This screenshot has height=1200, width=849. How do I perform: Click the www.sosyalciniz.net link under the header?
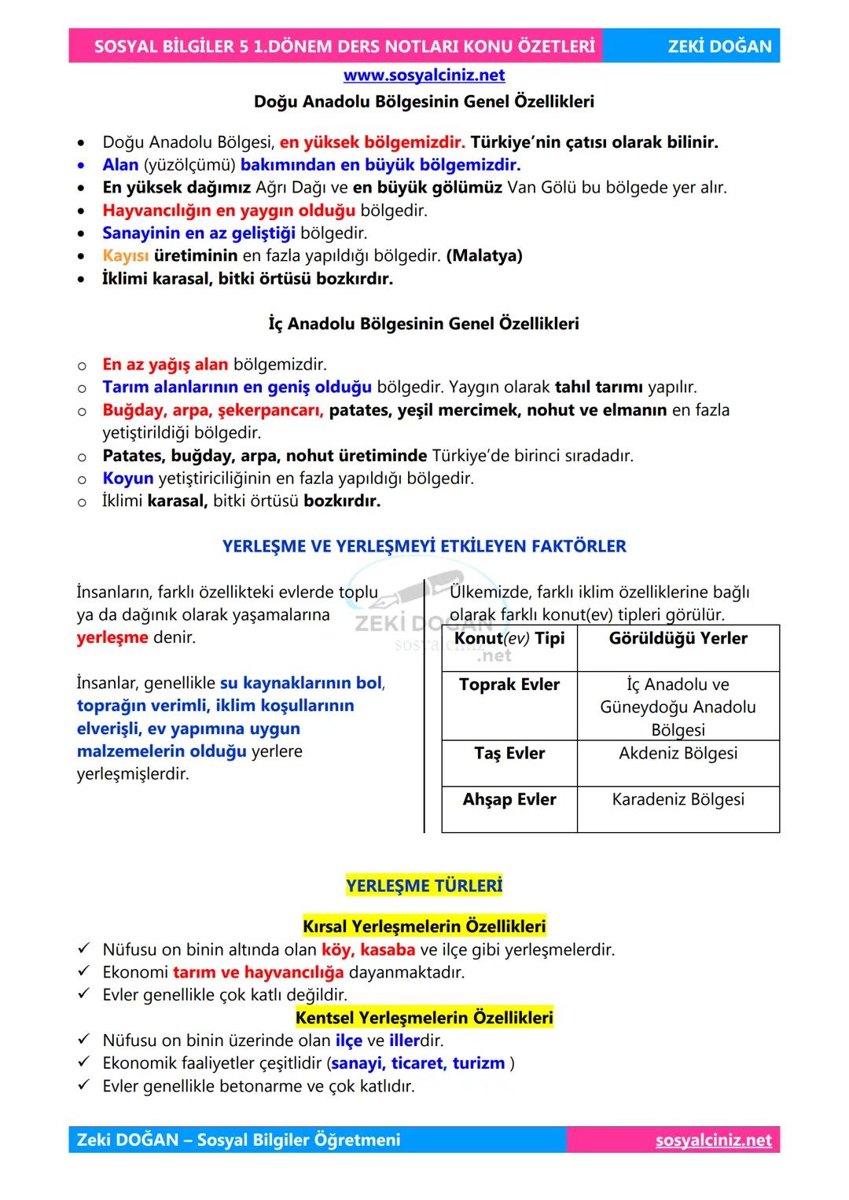424,75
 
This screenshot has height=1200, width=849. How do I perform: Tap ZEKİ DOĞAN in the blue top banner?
719,46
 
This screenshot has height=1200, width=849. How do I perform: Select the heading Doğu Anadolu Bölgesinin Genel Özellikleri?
424,101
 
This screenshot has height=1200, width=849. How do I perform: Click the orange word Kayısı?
125,255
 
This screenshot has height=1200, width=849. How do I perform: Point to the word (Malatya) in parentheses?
483,255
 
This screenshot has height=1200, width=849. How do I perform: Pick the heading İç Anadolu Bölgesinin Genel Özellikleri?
424,324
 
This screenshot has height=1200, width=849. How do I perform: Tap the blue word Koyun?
127,479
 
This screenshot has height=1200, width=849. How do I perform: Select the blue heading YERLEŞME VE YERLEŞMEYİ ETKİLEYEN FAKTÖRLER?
424,546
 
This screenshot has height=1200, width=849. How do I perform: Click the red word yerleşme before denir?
112,637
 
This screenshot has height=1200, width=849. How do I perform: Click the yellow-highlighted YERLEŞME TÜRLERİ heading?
424,886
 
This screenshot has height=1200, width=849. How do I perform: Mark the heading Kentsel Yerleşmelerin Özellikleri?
424,1018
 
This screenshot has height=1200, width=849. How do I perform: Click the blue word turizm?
478,1063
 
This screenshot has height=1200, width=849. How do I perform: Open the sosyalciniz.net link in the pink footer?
713,1140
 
